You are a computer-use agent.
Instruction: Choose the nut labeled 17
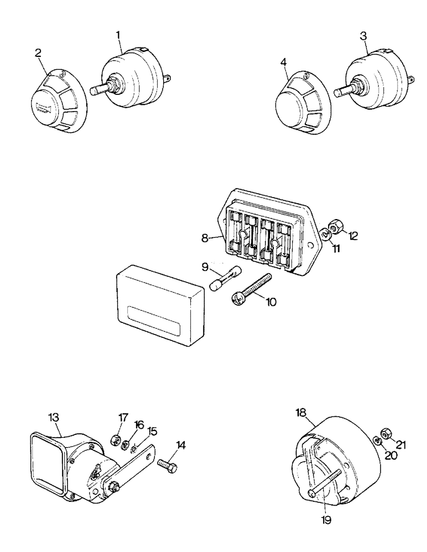click(117, 439)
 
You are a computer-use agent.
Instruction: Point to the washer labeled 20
click(376, 440)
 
